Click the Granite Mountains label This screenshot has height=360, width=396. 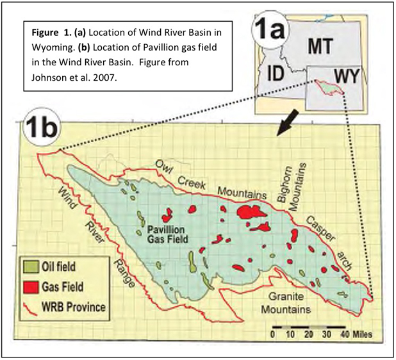click(x=286, y=303)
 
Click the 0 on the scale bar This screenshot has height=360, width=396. click(x=273, y=334)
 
